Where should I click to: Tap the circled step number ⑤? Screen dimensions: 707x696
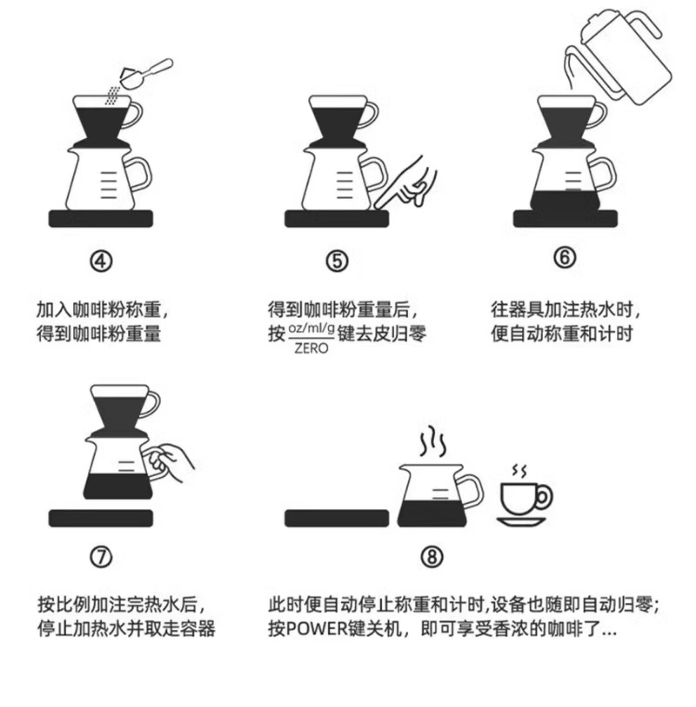pyautogui.click(x=337, y=261)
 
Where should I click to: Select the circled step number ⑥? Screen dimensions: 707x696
pyautogui.click(x=564, y=257)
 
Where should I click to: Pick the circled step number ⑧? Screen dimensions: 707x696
pyautogui.click(x=432, y=557)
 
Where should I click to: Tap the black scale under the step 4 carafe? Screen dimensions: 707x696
pyautogui.click(x=101, y=219)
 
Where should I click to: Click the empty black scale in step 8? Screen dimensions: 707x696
pyautogui.click(x=337, y=518)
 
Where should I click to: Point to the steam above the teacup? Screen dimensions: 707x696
pyautogui.click(x=519, y=471)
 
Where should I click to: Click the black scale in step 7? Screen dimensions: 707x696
pyautogui.click(x=101, y=518)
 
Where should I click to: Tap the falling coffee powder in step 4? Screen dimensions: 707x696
pyautogui.click(x=113, y=95)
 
